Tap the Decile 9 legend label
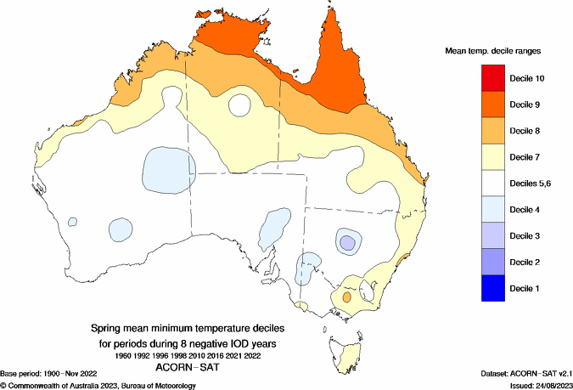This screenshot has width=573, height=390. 526,105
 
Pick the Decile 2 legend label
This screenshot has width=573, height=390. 526,262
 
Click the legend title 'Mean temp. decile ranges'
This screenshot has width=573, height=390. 493,51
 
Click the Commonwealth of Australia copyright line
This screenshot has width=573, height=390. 98,385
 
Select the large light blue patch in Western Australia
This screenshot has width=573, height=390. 168,169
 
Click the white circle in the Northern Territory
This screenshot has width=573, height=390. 239,107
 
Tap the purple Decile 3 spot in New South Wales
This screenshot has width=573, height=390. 346,243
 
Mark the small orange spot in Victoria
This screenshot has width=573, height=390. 346,298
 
